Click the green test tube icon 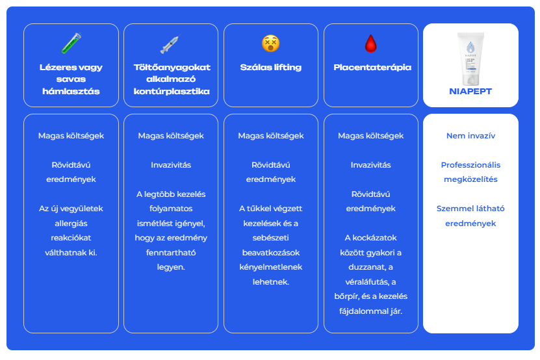pyautogui.click(x=71, y=43)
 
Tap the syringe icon pyautogui.click(x=170, y=44)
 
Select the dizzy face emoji pyautogui.click(x=271, y=44)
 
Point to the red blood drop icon pyautogui.click(x=371, y=44)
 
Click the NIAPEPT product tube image pyautogui.click(x=470, y=58)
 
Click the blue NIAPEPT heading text pyautogui.click(x=470, y=91)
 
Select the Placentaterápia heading pyautogui.click(x=372, y=67)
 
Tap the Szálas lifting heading pyautogui.click(x=271, y=67)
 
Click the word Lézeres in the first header pyautogui.click(x=54, y=67)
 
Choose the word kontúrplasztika pyautogui.click(x=172, y=91)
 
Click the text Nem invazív pyautogui.click(x=470, y=136)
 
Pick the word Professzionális pyautogui.click(x=470, y=165)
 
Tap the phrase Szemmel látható pyautogui.click(x=470, y=209)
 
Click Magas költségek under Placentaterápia pyautogui.click(x=371, y=136)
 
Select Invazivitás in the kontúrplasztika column pyautogui.click(x=171, y=165)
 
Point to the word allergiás pyautogui.click(x=71, y=224)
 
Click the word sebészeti pyautogui.click(x=271, y=238)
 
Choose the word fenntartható pyautogui.click(x=171, y=253)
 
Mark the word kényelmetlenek pyautogui.click(x=271, y=267)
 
